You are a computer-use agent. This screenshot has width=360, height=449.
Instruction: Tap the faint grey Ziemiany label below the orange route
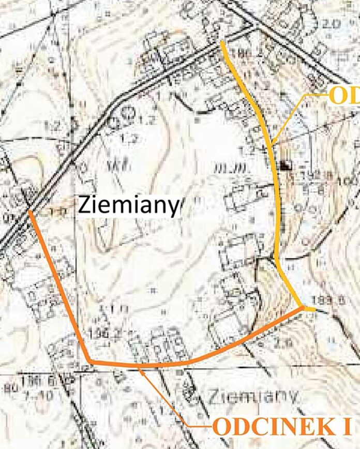tap(254, 397)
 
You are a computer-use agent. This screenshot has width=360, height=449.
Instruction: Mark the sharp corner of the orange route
tap(89, 361)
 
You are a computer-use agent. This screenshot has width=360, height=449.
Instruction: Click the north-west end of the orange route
tap(29, 211)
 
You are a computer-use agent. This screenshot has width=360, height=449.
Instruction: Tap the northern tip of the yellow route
tap(222, 42)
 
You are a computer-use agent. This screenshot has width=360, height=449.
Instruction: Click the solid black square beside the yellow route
tap(284, 166)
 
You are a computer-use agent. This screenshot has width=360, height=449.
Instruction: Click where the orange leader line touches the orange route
tap(140, 365)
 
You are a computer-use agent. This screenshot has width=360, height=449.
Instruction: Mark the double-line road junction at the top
tap(253, 25)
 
